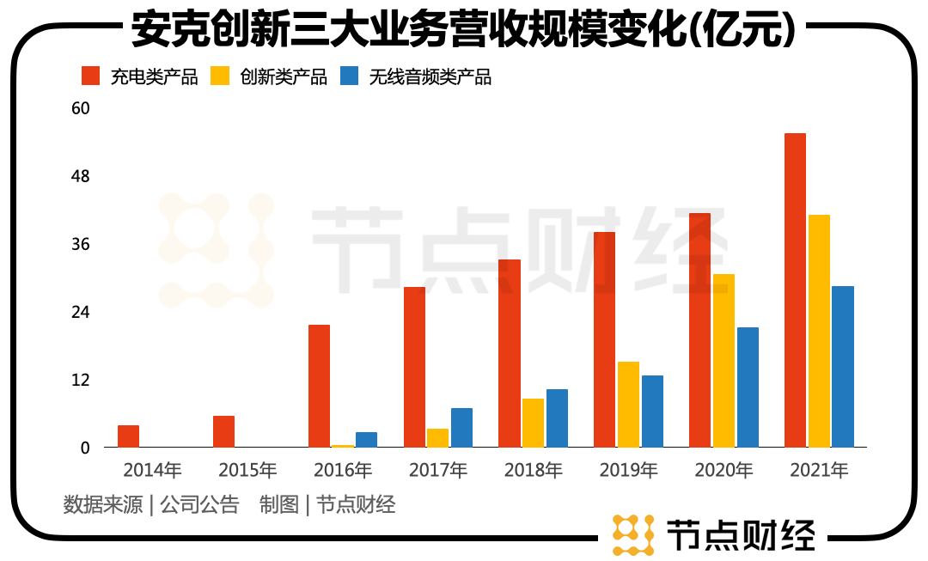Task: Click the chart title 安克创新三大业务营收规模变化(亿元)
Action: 463,31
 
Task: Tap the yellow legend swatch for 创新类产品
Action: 221,76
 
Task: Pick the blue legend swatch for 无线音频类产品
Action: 350,76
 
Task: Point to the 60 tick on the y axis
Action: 80,109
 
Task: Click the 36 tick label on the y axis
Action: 80,245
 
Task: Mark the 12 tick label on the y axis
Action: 80,380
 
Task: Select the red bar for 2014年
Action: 128,436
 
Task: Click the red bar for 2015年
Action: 223,431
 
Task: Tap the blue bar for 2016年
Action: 367,439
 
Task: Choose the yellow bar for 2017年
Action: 438,437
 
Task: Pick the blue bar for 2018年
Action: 557,418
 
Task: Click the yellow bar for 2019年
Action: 628,405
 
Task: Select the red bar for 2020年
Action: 699,330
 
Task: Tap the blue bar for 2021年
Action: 843,367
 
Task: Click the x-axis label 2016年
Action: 343,471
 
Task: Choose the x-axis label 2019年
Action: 628,471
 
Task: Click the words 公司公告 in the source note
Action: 199,504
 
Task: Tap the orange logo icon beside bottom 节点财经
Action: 632,534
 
